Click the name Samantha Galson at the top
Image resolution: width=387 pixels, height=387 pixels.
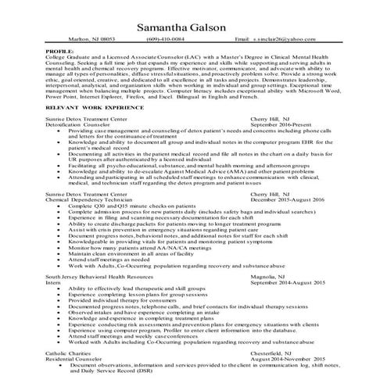click(x=193, y=29)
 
